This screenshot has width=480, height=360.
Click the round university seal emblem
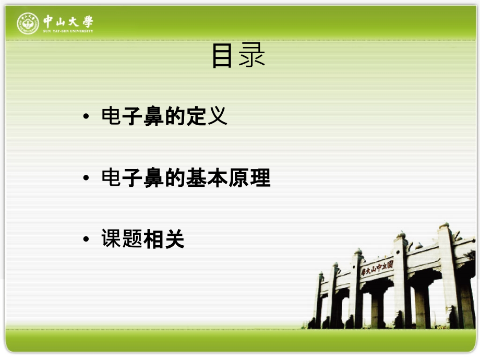[x=28, y=23]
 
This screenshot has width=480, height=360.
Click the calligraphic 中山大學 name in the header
[x=68, y=21]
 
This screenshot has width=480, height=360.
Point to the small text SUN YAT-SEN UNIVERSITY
[x=68, y=31]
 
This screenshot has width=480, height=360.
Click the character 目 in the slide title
[x=222, y=56]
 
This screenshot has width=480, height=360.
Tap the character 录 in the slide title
[x=253, y=56]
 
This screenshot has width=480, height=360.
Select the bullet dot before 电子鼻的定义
[x=86, y=117]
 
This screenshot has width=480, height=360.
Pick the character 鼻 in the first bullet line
[x=154, y=116]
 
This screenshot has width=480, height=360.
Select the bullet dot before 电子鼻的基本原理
[x=86, y=179]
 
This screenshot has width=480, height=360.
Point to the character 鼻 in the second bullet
[x=154, y=178]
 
